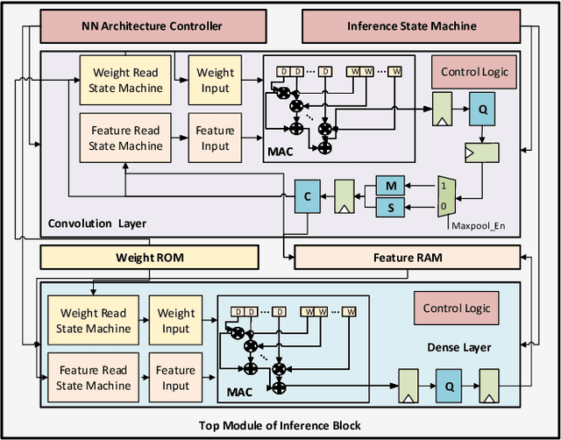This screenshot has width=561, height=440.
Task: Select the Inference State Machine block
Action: click(x=410, y=25)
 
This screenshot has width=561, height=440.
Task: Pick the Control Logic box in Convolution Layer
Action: click(x=473, y=72)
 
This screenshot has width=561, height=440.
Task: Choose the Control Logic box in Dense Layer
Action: click(x=457, y=309)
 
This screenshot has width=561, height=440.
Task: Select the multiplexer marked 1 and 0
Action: click(x=446, y=196)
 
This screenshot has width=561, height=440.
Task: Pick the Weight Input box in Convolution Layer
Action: click(x=216, y=80)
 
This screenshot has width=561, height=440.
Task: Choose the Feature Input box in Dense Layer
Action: click(x=175, y=377)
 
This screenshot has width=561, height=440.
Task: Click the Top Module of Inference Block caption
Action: click(x=280, y=426)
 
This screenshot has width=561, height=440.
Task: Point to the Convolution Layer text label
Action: click(x=97, y=223)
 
